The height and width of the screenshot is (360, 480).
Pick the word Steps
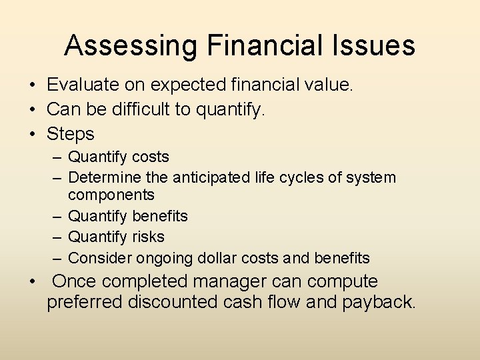click(70, 134)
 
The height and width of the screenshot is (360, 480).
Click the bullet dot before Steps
click(31, 134)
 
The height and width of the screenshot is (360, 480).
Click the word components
click(111, 195)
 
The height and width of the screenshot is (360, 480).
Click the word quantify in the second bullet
click(230, 109)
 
